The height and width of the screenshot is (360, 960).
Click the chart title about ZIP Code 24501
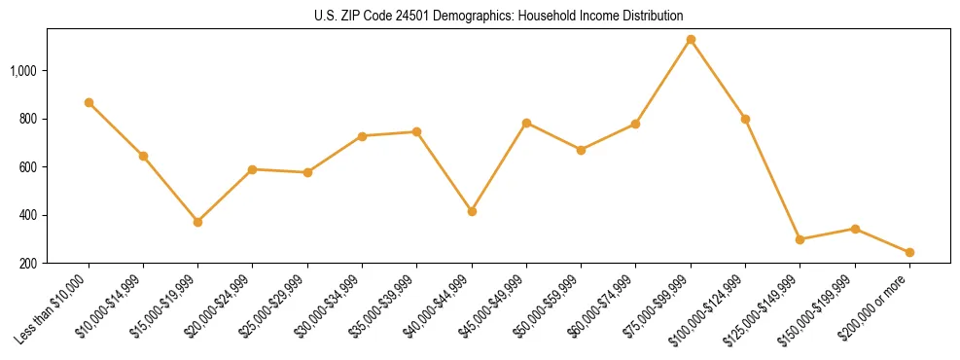499,16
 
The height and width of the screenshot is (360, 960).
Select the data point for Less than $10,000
89,102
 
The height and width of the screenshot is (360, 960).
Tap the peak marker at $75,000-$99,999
691,40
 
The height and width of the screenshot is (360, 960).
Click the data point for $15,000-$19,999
197,222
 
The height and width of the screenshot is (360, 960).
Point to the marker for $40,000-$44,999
472,211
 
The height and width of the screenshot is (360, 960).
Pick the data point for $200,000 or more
909,252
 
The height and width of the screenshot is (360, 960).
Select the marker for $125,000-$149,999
800,239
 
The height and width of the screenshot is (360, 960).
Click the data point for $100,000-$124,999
745,119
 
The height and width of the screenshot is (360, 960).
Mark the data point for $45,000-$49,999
526,123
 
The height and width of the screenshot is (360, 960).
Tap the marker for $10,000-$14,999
143,156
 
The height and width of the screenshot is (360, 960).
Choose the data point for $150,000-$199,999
855,229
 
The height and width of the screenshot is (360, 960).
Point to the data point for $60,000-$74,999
635,124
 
